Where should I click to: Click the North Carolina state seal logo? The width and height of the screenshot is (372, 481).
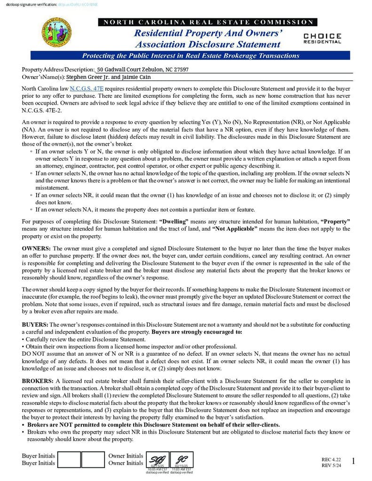pyautogui.click(x=57, y=33)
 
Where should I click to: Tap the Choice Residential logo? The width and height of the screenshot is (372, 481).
pyautogui.click(x=322, y=38)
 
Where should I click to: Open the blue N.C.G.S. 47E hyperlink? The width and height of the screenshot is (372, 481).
pyautogui.click(x=87, y=88)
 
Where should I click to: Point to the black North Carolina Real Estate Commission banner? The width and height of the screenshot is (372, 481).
pyautogui.click(x=207, y=22)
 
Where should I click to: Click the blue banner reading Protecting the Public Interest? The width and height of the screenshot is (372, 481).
pyautogui.click(x=190, y=55)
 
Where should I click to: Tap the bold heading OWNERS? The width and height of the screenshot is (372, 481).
pyautogui.click(x=36, y=248)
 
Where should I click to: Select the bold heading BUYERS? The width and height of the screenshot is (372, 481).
pyautogui.click(x=35, y=325)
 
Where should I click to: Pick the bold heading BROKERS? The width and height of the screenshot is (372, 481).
pyautogui.click(x=38, y=381)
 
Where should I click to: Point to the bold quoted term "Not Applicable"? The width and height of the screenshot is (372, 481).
pyautogui.click(x=235, y=229)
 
